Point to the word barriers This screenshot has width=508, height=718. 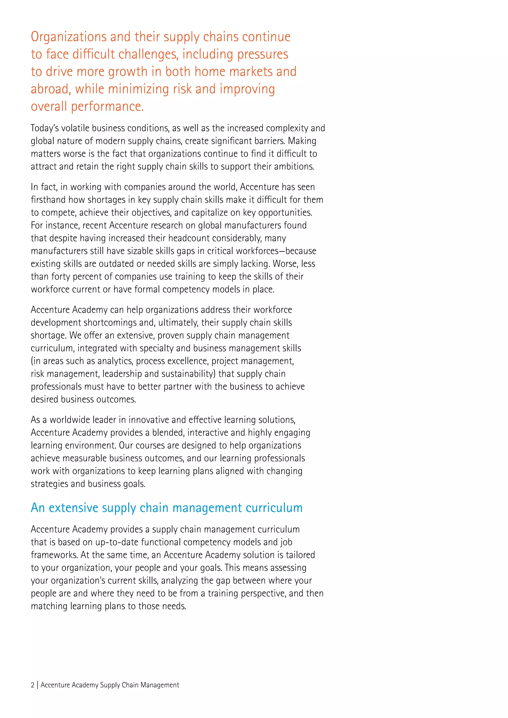tap(270, 141)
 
